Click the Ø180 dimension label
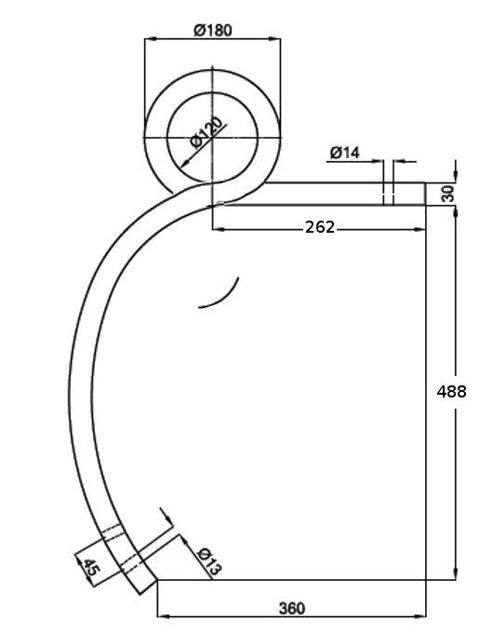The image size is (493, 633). click(213, 31)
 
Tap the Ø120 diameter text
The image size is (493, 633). click(207, 132)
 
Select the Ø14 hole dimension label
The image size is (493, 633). click(344, 153)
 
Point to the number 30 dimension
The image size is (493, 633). click(447, 194)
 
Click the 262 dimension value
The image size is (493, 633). click(320, 227)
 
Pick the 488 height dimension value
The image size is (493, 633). click(451, 391)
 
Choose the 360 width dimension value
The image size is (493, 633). click(292, 608)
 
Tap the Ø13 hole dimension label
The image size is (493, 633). click(209, 560)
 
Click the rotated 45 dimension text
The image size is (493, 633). click(91, 567)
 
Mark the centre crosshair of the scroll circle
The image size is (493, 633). click(212, 138)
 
